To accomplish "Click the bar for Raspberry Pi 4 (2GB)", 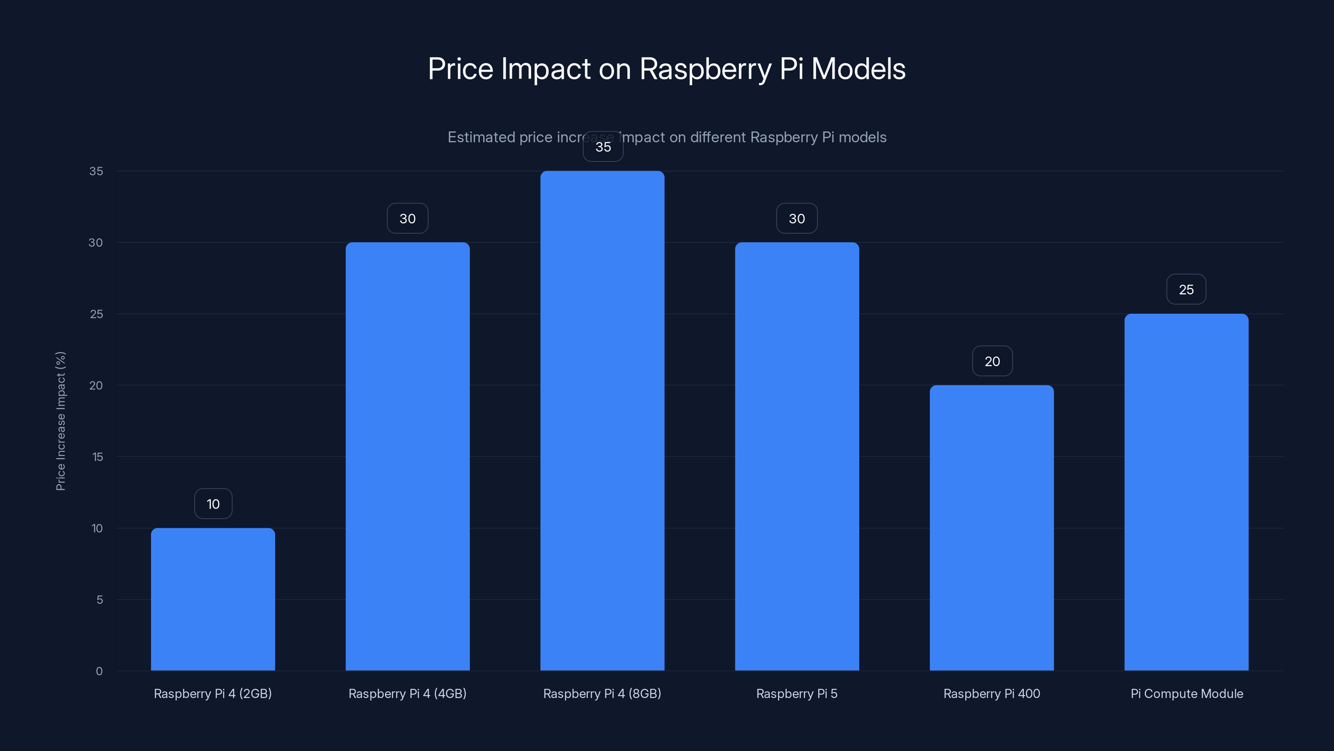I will click(x=213, y=599).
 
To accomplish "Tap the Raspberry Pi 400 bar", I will click(x=992, y=528).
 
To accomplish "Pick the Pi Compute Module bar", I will click(x=1186, y=492).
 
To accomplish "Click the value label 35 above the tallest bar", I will click(x=603, y=147).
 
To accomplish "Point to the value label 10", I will click(x=213, y=504).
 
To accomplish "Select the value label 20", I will click(x=992, y=361).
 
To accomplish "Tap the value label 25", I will click(x=1186, y=290).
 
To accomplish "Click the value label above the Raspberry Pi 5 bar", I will click(x=797, y=219).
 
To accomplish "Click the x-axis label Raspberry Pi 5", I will click(x=797, y=693).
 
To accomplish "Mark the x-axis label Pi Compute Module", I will click(x=1186, y=693).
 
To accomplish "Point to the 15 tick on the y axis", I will click(x=98, y=456).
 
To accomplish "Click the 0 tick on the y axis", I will click(x=99, y=671).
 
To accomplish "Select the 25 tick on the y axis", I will click(x=96, y=314).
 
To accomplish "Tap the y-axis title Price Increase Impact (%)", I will click(x=60, y=421).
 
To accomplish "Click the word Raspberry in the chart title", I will click(x=705, y=69).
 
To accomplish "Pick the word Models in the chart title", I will click(x=858, y=69).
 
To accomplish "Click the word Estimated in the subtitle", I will click(x=481, y=137).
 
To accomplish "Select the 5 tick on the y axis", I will click(x=100, y=600).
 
